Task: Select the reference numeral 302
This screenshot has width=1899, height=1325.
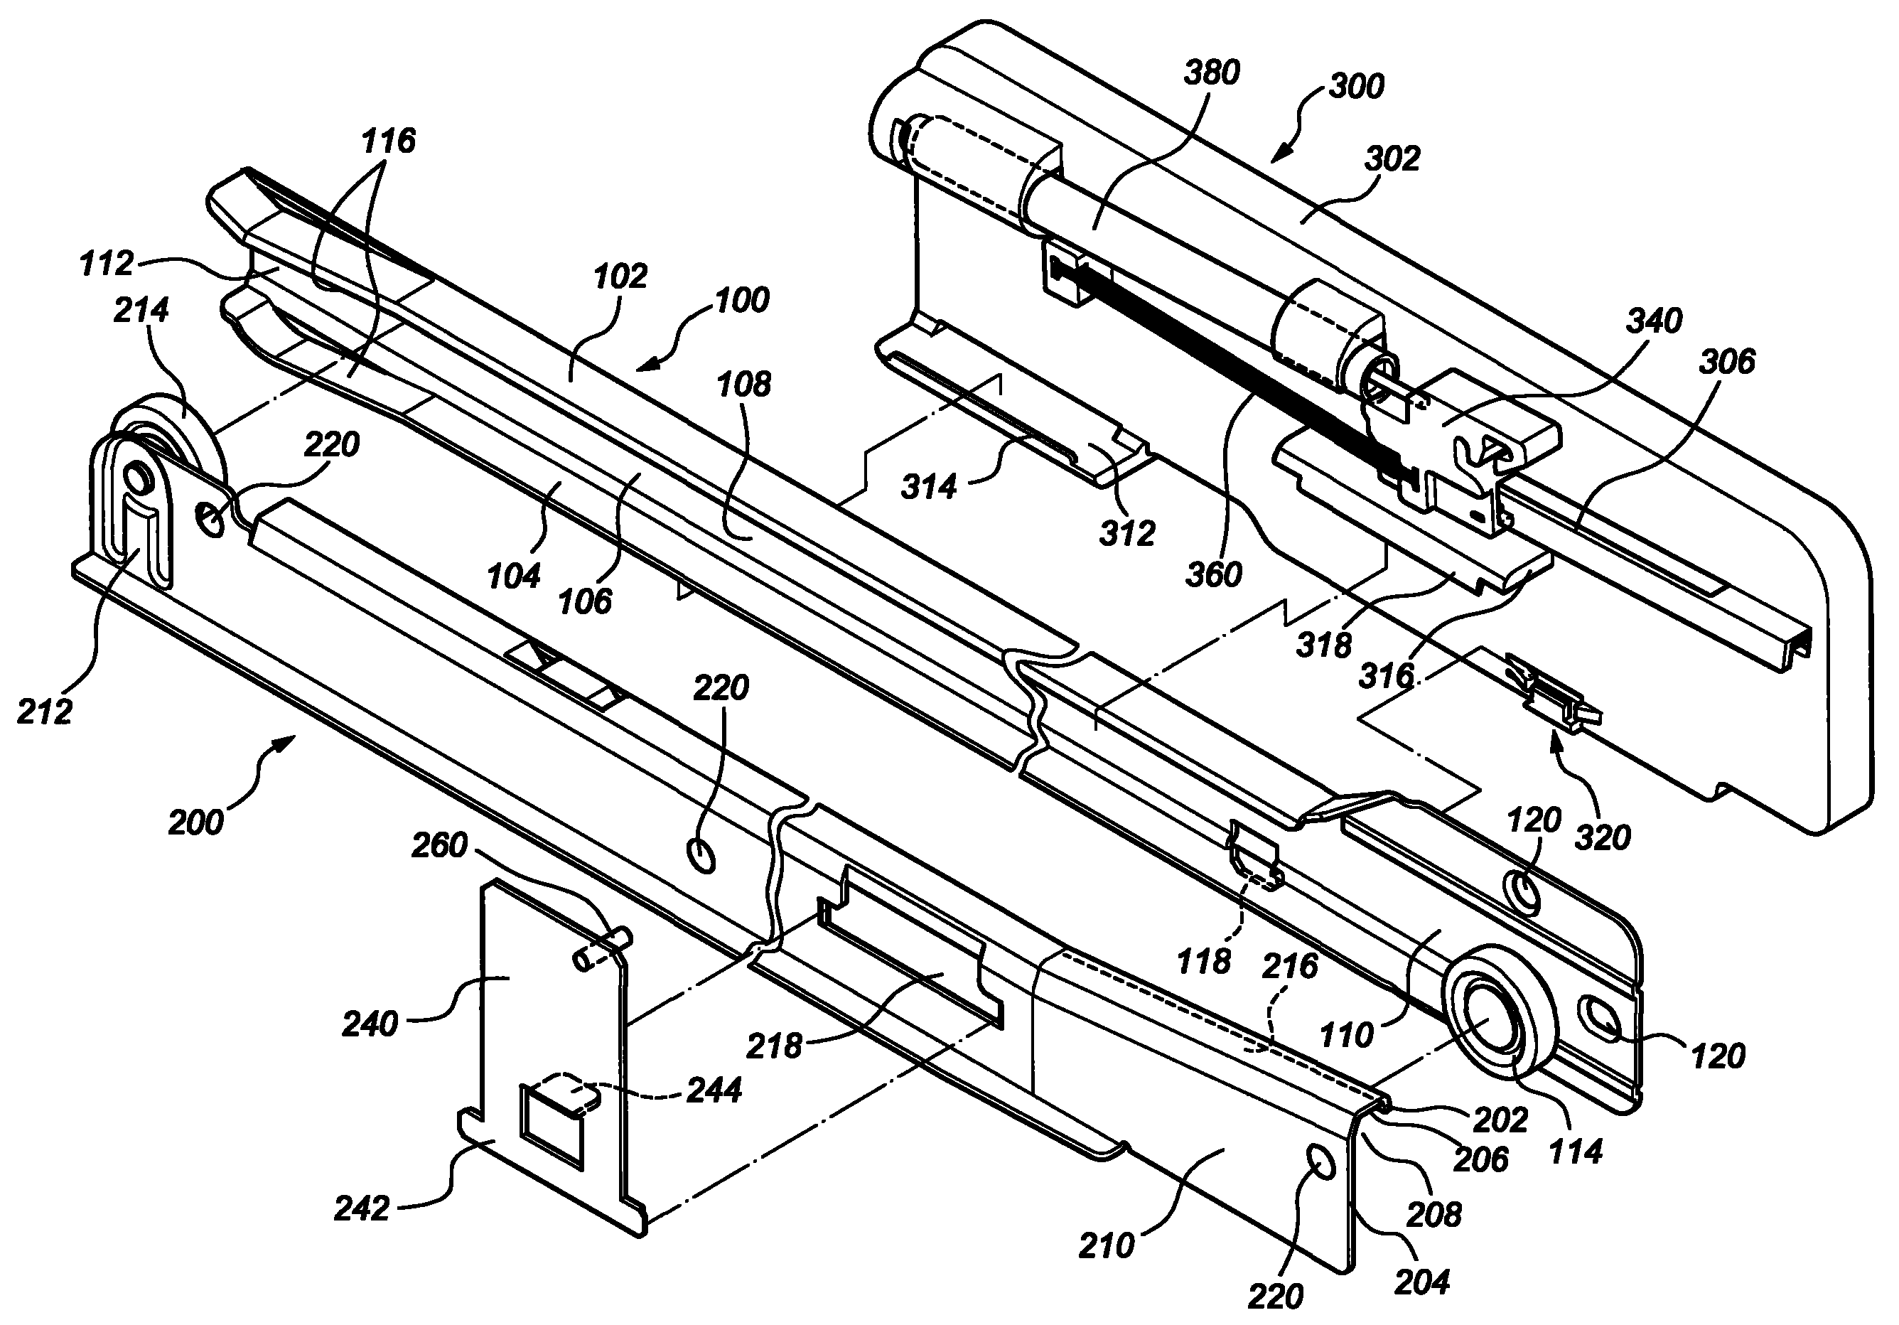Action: [1392, 159]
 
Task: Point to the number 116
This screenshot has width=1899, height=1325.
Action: [388, 141]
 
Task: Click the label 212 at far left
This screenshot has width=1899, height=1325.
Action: [45, 712]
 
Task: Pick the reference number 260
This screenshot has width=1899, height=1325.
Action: [439, 845]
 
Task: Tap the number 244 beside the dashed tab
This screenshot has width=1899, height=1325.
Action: [714, 1090]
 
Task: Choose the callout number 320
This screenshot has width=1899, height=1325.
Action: [1602, 838]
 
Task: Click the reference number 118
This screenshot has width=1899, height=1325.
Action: [1203, 961]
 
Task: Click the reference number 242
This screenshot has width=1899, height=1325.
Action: [362, 1208]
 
